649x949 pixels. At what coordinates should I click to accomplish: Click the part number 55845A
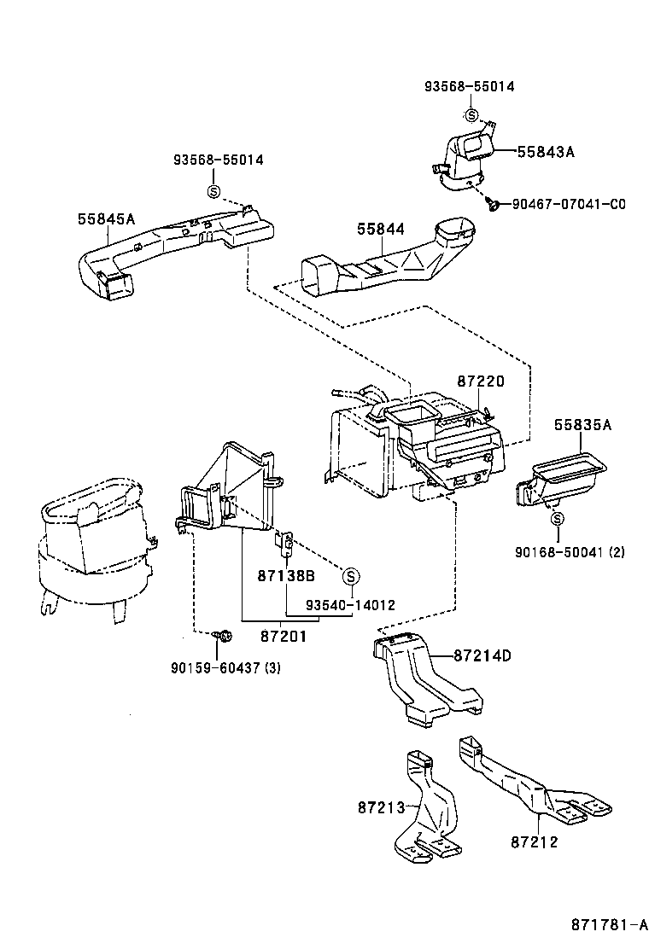[x=106, y=218]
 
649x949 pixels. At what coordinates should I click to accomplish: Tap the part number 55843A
[x=546, y=152]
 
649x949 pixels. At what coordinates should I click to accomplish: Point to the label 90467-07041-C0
[x=568, y=204]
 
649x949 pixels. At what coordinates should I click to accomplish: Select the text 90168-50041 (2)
[x=569, y=552]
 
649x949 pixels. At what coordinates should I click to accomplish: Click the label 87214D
[x=482, y=655]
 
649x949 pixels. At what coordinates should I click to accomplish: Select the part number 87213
[x=381, y=806]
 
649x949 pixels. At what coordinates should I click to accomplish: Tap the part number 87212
[x=535, y=841]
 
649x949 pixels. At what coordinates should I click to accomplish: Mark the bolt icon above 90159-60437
[x=225, y=636]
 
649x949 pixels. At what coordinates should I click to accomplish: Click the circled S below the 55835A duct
[x=557, y=518]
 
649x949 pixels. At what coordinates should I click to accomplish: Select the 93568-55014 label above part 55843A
[x=470, y=86]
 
